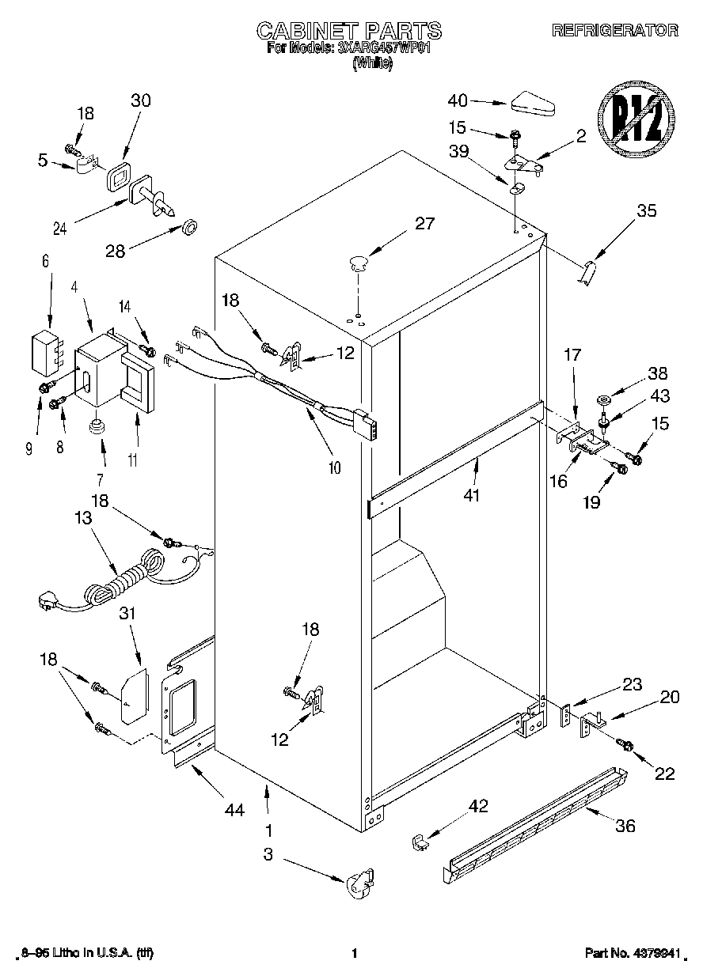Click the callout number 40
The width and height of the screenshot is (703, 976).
point(458,100)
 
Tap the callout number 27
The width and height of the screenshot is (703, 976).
point(425,224)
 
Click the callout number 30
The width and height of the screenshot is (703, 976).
point(140,100)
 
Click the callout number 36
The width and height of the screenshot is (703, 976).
point(625,827)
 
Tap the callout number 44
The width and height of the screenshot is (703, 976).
point(234,809)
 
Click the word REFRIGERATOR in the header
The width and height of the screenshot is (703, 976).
point(614,31)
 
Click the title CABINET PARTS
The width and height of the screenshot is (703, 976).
point(349,31)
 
